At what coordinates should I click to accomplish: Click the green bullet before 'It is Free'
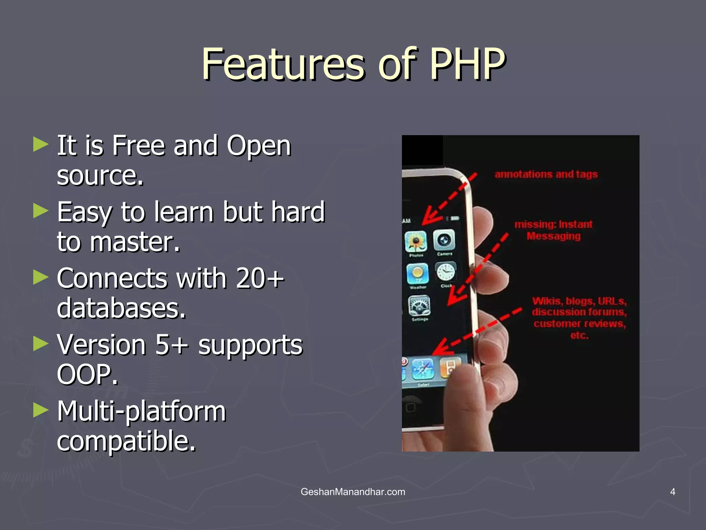point(41,144)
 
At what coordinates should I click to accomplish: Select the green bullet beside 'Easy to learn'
point(41,210)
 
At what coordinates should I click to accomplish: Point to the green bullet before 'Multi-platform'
point(41,410)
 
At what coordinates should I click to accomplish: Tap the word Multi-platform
point(141,411)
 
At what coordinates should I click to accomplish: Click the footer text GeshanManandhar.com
point(353,492)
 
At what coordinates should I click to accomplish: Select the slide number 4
point(673,492)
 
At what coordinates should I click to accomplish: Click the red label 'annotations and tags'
point(546,174)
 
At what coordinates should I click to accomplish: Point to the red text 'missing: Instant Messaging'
point(553,230)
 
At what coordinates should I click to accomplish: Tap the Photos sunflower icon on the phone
point(416,241)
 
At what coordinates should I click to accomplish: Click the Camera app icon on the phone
point(444,240)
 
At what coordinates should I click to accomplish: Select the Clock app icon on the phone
point(446,272)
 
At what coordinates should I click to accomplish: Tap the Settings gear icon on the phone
point(419,305)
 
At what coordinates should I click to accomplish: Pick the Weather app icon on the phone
point(417,274)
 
